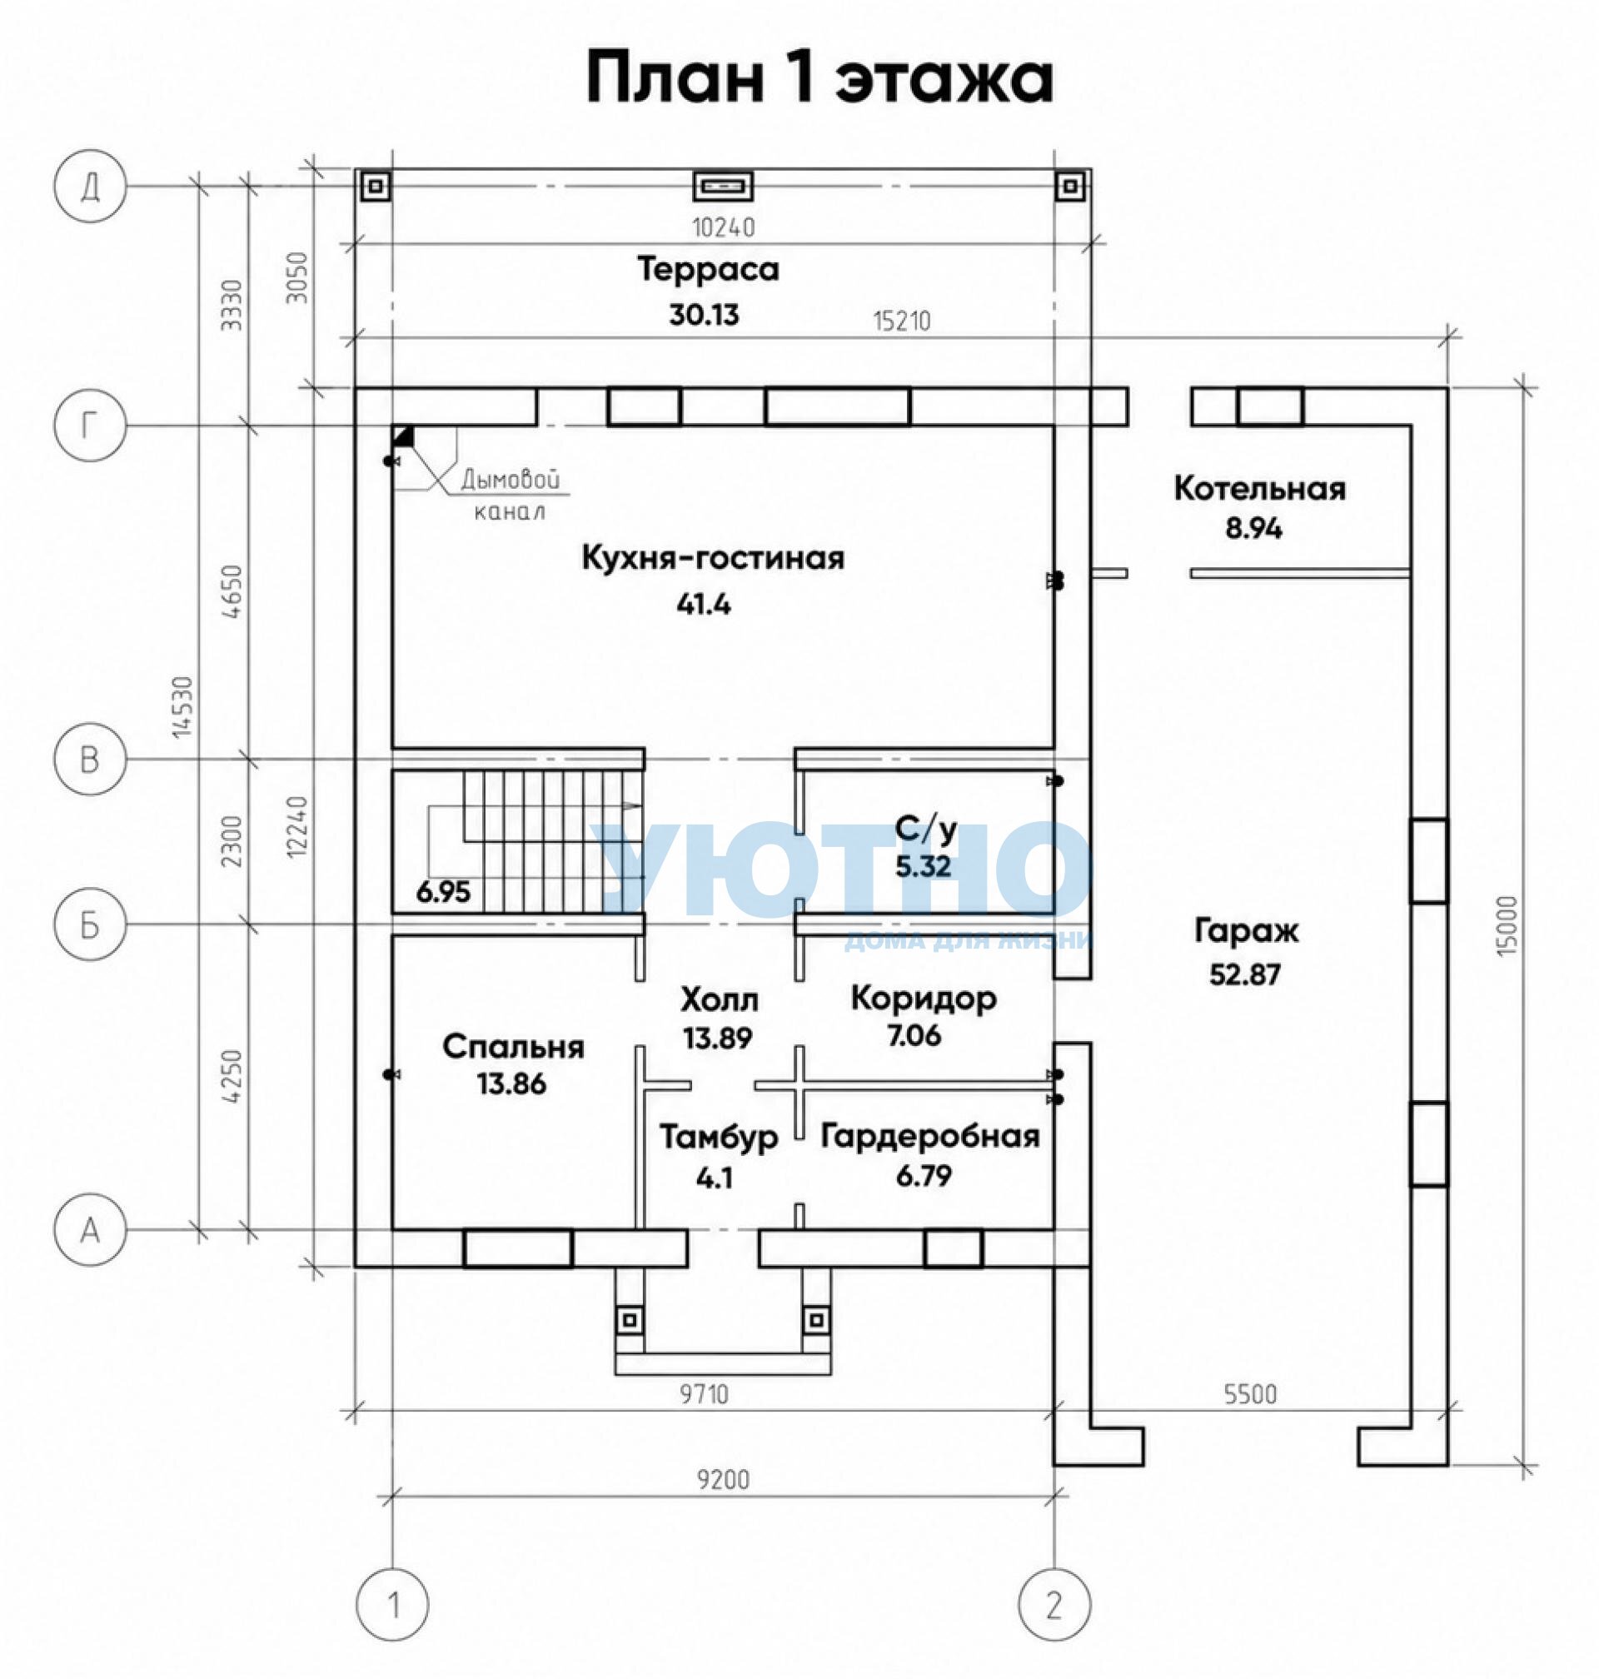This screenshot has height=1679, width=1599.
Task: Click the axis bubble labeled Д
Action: [90, 186]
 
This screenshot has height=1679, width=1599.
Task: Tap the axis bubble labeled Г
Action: [90, 425]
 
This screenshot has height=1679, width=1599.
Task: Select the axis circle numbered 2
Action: [1054, 1605]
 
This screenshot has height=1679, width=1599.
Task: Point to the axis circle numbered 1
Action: [393, 1605]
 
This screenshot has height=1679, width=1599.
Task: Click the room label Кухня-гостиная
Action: [713, 558]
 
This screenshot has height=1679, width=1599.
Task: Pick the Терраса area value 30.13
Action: [704, 316]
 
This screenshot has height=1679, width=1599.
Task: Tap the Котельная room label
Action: [1260, 488]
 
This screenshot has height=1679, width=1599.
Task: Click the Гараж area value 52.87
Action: [1244, 974]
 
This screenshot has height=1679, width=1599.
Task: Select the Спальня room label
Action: [513, 1047]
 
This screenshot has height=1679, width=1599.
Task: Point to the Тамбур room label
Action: [719, 1138]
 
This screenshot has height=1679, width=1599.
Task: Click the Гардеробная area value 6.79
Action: [924, 1176]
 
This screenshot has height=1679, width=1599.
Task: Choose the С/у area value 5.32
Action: [923, 867]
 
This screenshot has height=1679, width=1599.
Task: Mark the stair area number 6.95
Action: [443, 892]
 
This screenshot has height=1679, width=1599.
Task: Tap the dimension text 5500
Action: [1250, 1394]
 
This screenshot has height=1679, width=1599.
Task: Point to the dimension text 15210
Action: [902, 321]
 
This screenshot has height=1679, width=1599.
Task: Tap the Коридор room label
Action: [924, 998]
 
